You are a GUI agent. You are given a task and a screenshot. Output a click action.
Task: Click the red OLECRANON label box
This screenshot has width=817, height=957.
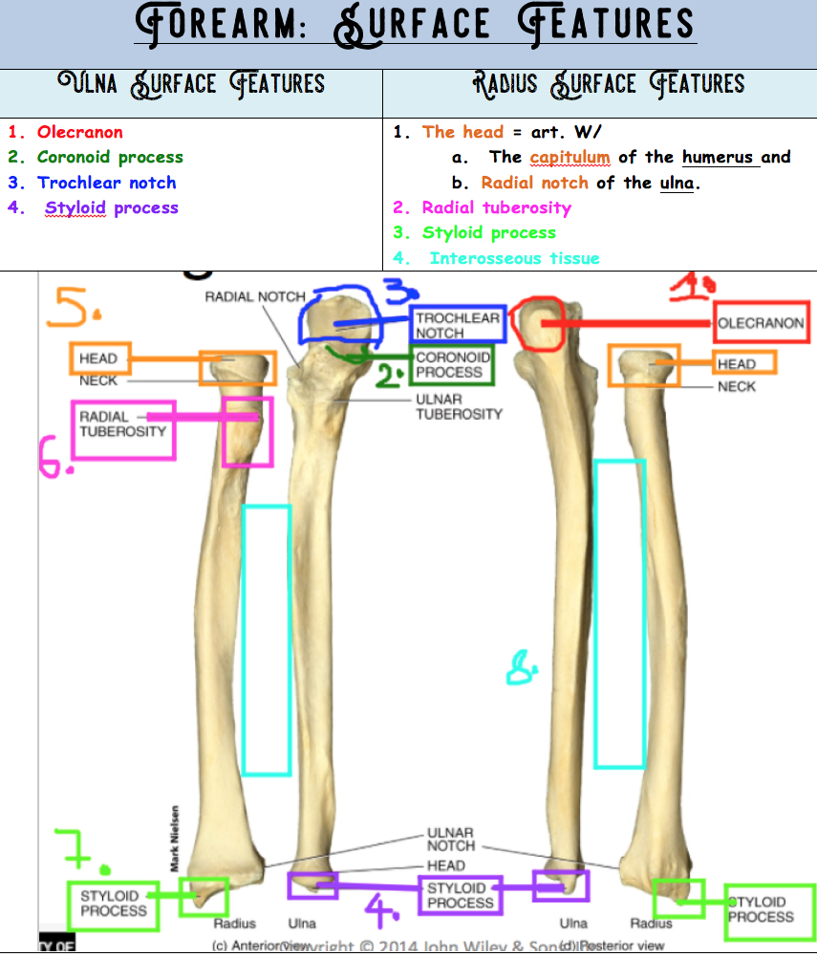tap(761, 323)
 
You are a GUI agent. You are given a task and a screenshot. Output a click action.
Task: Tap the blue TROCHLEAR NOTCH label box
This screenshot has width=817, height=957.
tap(458, 325)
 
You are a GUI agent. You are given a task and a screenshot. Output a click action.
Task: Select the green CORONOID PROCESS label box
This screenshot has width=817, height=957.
tap(452, 364)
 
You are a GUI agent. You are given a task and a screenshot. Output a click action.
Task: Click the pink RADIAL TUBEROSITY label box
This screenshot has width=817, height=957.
tap(122, 429)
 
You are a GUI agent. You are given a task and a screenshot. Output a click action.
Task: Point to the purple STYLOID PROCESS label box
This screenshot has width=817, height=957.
tap(461, 895)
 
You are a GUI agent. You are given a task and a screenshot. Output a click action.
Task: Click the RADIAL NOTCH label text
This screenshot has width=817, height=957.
tap(255, 296)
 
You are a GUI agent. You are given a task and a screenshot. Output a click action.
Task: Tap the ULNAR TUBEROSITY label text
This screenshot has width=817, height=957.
tap(459, 406)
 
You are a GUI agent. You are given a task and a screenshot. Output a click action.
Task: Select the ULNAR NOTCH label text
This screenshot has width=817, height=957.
tap(451, 839)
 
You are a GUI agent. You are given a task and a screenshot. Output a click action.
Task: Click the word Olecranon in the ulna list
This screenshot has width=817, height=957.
tap(79, 132)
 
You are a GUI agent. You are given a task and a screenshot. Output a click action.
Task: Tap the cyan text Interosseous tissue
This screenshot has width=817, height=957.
tap(514, 258)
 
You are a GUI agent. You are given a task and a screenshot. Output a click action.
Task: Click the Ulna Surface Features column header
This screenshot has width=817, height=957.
tap(191, 83)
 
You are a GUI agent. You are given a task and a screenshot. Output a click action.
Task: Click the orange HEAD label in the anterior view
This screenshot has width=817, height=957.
tap(98, 359)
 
